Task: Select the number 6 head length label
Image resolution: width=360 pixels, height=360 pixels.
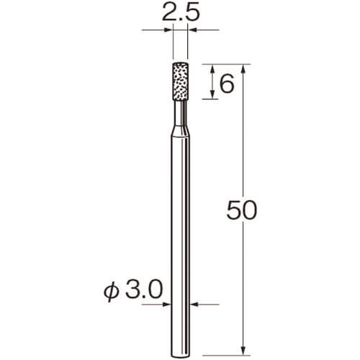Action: (x=227, y=84)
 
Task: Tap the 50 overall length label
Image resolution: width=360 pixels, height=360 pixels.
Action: (x=241, y=210)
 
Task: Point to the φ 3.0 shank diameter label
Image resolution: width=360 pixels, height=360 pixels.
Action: (x=132, y=290)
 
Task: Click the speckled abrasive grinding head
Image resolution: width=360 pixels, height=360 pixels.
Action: (x=180, y=81)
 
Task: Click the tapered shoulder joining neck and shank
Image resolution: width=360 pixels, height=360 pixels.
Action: (x=180, y=131)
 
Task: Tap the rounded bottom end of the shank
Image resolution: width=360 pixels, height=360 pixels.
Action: (x=180, y=357)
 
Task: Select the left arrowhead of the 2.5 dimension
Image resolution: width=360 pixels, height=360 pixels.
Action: (x=169, y=30)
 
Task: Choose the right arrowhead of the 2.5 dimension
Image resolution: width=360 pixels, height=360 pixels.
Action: (x=192, y=30)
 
